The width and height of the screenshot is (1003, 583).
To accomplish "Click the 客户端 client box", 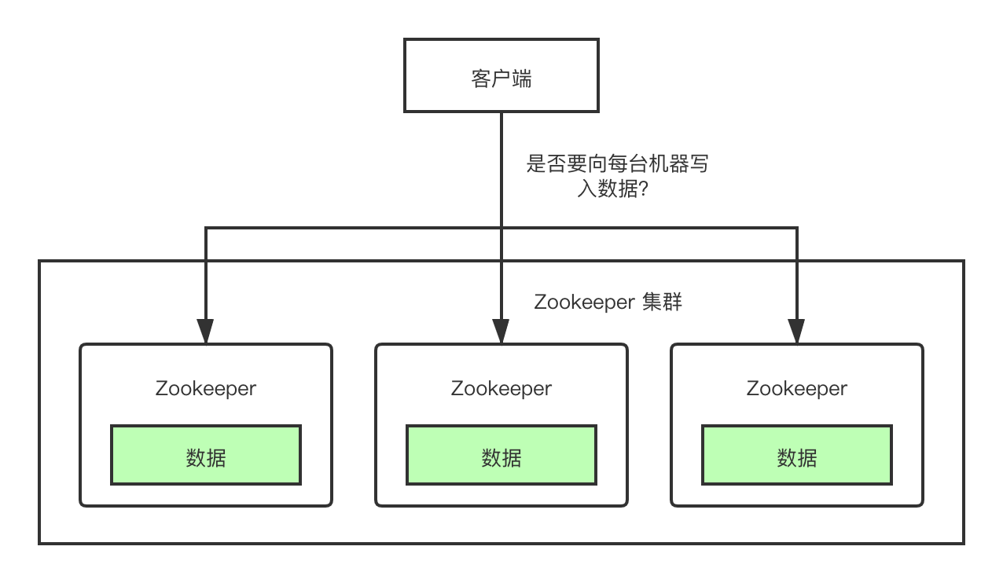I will click(501, 75).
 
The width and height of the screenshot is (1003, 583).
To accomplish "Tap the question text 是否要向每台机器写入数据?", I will click(617, 177).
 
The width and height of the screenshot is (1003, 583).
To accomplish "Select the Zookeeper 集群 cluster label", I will click(608, 302).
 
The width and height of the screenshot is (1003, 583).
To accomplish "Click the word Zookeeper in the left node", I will click(206, 388).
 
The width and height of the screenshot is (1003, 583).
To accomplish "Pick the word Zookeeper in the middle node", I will click(501, 388).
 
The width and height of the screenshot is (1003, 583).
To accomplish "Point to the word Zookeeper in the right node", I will click(797, 388).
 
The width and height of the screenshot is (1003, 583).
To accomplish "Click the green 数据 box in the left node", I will click(206, 455).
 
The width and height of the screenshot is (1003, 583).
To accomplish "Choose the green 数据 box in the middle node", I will click(501, 455).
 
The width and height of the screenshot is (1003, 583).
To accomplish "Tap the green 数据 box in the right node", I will click(797, 455).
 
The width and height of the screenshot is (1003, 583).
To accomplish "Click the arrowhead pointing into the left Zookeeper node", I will click(206, 332).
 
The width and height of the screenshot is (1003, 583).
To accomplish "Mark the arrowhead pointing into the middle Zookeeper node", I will click(501, 332).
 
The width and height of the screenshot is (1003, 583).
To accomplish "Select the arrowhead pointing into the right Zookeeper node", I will click(797, 332).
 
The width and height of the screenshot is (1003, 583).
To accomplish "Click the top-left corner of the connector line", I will click(206, 228).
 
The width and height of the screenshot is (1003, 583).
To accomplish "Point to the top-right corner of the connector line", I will click(797, 228).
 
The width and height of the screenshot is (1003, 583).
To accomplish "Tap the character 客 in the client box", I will click(481, 79).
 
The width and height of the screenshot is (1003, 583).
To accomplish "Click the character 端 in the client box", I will click(522, 79).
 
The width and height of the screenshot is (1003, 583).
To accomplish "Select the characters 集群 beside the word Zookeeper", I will click(662, 302).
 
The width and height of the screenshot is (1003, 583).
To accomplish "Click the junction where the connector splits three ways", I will click(501, 228).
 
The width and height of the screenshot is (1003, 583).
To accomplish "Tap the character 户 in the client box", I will click(501, 79).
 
